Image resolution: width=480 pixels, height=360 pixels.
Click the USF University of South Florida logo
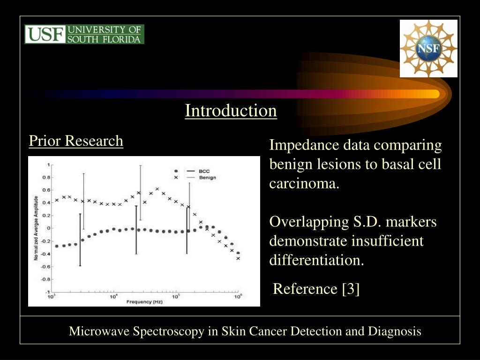click(84, 34)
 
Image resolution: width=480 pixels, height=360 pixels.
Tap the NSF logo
click(428, 49)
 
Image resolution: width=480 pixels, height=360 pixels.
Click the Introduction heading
click(231, 111)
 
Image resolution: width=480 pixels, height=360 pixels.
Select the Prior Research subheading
click(76, 141)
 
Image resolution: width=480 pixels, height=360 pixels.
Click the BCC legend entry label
click(204, 171)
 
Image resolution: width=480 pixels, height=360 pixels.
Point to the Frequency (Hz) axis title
click(144, 302)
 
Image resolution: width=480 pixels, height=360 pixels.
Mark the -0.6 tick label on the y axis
click(45, 266)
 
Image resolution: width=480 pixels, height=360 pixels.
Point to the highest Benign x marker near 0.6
click(157, 189)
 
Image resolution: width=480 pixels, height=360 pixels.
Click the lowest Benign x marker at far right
click(238, 258)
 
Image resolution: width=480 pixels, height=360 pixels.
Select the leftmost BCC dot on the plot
click(57, 246)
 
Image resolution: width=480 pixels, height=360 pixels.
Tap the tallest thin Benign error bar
click(140, 192)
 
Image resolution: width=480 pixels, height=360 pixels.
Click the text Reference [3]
click(316, 289)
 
